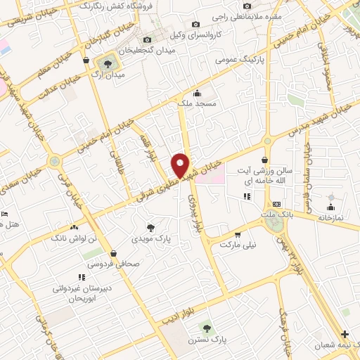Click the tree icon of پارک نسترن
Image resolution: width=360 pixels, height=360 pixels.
[206, 328]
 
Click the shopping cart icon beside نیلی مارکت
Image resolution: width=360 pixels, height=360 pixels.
[238, 234]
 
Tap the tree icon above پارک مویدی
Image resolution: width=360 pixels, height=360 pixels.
[151, 226]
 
